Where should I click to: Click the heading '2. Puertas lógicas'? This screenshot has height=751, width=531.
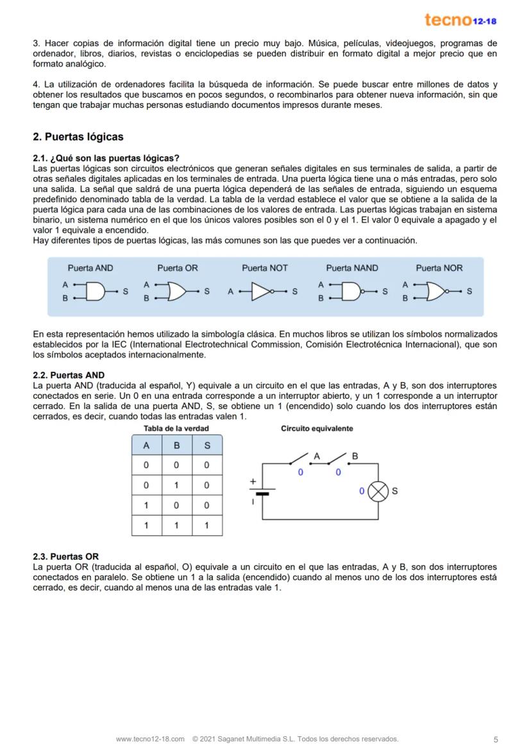click(78, 137)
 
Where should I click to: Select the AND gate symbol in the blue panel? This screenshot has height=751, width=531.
click(94, 292)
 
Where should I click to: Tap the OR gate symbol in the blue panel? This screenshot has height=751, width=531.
click(177, 292)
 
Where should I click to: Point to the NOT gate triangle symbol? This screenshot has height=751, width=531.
click(262, 292)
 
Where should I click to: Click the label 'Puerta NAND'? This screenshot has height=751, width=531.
click(352, 268)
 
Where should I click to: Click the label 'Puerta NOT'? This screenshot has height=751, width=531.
click(264, 268)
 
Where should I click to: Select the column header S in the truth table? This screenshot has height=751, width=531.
click(206, 446)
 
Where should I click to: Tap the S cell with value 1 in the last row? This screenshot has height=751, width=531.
click(206, 525)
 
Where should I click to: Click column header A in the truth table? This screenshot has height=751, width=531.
click(146, 446)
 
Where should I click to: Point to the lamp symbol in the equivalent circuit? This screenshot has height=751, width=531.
click(379, 491)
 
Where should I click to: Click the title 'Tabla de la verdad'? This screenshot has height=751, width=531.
click(176, 428)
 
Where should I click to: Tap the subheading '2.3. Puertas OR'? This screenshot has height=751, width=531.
click(66, 556)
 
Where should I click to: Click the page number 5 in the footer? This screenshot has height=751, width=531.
click(496, 739)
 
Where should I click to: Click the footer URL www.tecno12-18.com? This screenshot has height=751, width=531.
click(150, 739)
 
